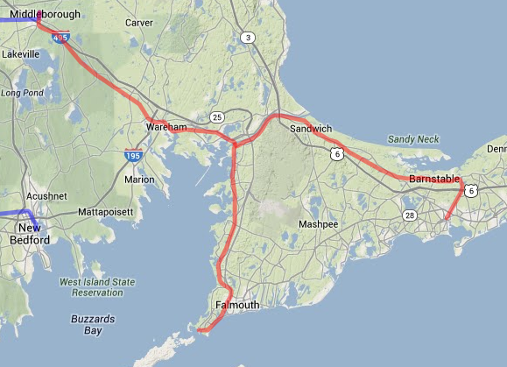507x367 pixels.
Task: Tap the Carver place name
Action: [138, 23]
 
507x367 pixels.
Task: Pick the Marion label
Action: [139, 180]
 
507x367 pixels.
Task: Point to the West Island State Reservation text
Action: [97, 287]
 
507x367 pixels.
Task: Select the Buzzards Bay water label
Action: [87, 325]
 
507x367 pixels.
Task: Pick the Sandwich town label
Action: [311, 128]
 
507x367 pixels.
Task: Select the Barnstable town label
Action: [435, 179]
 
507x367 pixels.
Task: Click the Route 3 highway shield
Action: [248, 37]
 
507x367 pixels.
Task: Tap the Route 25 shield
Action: [217, 117]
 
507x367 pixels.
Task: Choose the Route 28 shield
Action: [409, 215]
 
